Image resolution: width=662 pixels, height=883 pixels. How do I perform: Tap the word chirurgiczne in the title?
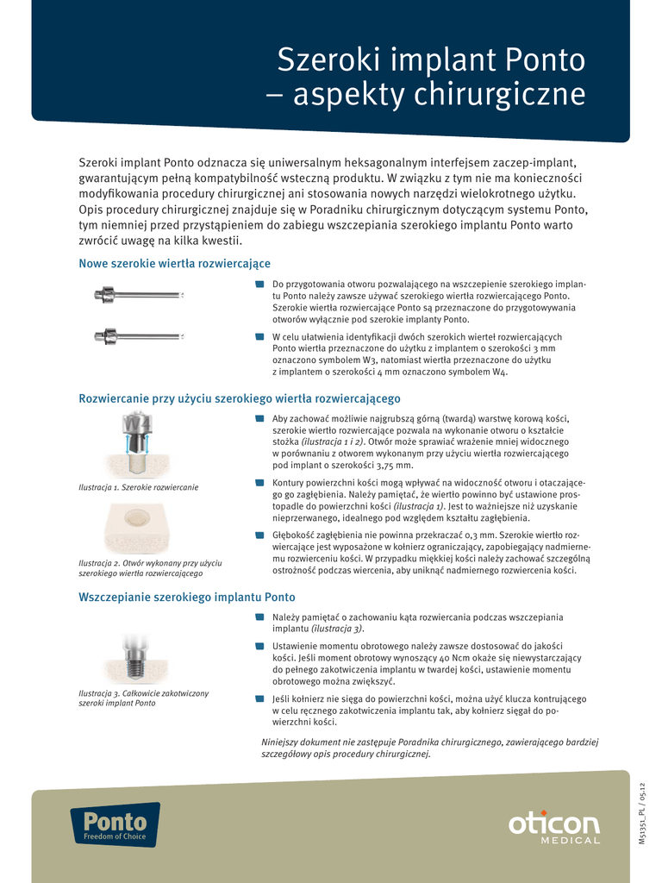500,95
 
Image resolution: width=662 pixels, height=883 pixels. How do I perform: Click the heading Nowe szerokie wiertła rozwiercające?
175,263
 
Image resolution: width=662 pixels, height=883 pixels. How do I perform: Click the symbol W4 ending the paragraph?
500,372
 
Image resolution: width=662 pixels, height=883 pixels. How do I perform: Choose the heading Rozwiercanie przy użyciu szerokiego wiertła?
240,398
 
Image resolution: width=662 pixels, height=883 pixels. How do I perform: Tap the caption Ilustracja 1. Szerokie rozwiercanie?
138,488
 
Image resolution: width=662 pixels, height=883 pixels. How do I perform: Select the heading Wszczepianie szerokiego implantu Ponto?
187,597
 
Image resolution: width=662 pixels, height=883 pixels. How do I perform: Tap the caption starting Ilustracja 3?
143,698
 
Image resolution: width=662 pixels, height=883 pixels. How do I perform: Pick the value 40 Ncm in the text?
476,657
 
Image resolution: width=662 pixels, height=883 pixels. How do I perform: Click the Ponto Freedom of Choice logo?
115,824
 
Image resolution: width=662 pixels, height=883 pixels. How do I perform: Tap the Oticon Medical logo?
553,828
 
